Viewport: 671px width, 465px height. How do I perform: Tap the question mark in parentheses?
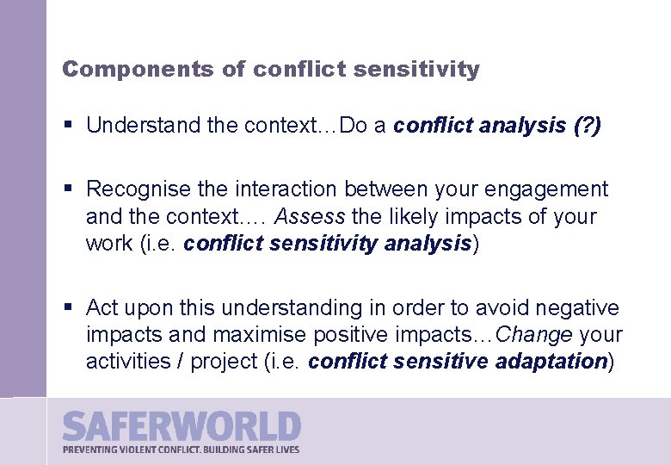point(588,126)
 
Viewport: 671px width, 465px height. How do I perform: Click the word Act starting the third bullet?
point(102,307)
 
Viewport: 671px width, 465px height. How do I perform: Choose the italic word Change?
point(533,334)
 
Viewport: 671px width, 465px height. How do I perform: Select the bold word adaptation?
point(551,361)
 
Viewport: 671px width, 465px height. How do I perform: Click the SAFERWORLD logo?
point(182,426)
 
